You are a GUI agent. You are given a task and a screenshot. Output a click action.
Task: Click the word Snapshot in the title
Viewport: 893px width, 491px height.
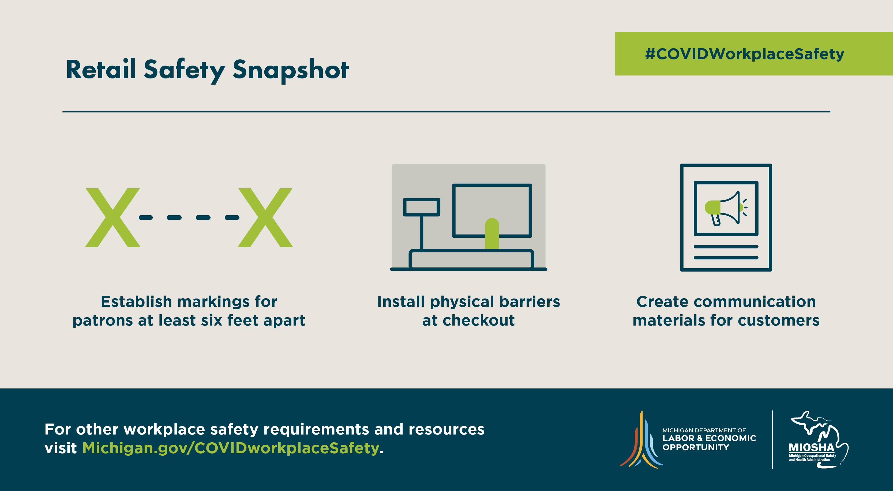291,71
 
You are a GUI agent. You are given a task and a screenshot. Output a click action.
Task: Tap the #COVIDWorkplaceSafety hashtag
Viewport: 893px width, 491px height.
745,54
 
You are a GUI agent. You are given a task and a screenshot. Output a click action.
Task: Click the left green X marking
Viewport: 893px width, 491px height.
113,218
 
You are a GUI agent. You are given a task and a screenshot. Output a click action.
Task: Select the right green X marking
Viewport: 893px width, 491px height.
265,218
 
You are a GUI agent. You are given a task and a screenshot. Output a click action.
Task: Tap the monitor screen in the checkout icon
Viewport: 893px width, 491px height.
492,210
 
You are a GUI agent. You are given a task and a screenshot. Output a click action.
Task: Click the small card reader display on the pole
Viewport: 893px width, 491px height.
422,207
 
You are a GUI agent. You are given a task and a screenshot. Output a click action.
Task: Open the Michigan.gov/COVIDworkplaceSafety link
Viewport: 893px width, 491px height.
231,448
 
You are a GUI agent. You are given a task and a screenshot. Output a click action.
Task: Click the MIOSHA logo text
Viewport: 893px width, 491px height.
811,448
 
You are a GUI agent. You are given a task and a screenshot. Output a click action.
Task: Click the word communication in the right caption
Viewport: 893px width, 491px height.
754,301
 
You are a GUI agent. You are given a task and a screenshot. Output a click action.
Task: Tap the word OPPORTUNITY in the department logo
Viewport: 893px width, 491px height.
696,447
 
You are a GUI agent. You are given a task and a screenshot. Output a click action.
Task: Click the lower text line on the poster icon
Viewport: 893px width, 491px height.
726,258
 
